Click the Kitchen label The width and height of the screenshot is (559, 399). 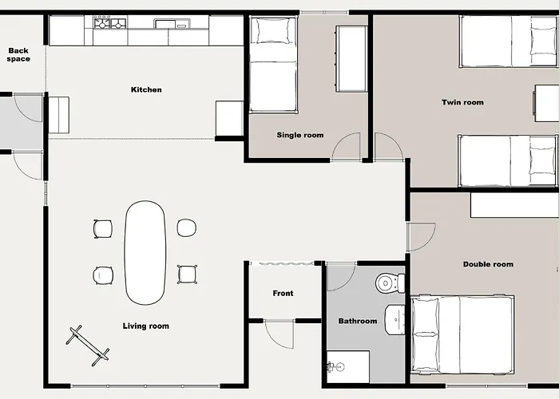point(146,89)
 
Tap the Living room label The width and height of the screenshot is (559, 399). point(146,326)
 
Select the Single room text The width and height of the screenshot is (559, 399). point(300,135)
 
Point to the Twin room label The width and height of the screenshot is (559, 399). point(462,102)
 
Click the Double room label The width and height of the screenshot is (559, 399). point(488,264)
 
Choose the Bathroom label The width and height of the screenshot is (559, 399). point(358,321)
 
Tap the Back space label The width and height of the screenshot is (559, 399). point(18,55)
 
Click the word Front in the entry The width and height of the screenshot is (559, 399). point(283,293)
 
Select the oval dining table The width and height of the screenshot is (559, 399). point(145,253)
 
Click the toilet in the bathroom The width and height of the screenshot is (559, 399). point(390,282)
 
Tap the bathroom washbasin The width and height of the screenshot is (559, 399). point(394,319)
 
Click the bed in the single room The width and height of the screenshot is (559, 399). point(273,65)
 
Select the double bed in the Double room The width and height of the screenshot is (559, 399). point(462,334)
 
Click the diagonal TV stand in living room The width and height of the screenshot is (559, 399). point(88,346)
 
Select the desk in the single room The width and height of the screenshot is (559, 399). point(351,59)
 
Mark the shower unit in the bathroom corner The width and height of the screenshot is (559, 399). point(348,367)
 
